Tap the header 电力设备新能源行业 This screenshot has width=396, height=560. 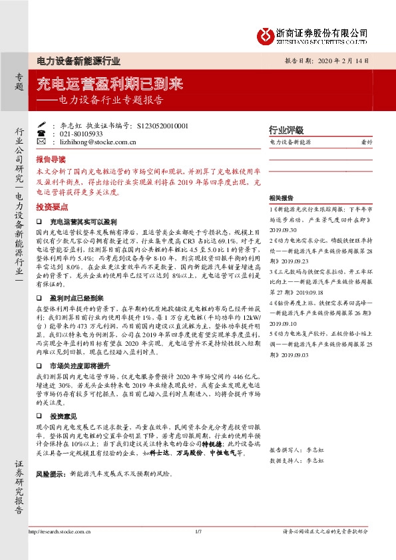(78, 61)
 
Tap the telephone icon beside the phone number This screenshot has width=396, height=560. (41, 133)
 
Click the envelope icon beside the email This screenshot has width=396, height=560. (41, 142)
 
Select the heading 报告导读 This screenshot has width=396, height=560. (51, 160)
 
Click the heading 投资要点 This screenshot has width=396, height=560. (51, 206)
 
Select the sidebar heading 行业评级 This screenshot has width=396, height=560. (286, 130)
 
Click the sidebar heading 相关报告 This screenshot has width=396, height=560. (282, 198)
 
